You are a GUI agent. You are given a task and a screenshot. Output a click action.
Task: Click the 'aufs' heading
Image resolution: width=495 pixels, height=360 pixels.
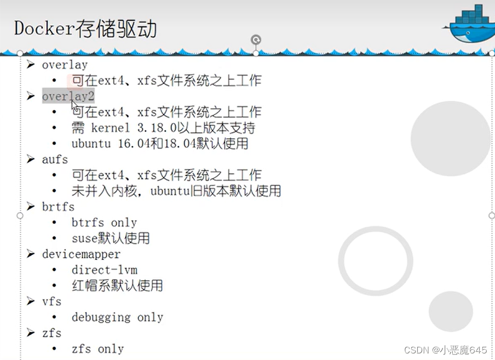pos(55,159)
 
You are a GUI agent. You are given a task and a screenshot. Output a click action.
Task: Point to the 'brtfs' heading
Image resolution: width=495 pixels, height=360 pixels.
pos(58,207)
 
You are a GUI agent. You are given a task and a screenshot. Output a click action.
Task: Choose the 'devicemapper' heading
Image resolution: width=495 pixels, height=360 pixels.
pos(81,254)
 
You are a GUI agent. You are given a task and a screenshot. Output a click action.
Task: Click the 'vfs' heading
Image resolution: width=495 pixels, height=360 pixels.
pos(51,302)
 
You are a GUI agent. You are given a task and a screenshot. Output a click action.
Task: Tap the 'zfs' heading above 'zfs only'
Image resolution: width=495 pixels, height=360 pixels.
pos(51,333)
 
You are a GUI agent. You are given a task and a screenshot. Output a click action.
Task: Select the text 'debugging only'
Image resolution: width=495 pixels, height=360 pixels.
pos(117,317)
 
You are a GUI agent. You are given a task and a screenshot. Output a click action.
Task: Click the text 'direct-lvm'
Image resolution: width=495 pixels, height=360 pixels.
pos(104,270)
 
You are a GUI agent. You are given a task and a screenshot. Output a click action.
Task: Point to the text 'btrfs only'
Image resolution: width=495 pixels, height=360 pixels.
pos(104,223)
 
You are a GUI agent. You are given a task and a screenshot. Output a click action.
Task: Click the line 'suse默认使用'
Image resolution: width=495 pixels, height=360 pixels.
pos(111,238)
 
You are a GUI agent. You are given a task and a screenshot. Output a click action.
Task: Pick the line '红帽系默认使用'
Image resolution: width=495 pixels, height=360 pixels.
pos(117,285)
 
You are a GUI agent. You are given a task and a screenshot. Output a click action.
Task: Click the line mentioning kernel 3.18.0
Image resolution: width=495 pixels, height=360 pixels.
pos(163,128)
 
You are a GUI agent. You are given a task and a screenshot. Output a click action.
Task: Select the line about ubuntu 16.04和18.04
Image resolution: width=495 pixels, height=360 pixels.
pos(160,144)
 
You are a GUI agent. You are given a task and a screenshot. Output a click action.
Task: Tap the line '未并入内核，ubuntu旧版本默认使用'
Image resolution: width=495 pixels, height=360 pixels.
pos(176,191)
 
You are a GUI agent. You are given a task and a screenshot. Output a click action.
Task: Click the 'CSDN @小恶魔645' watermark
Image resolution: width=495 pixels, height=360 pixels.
pos(446,350)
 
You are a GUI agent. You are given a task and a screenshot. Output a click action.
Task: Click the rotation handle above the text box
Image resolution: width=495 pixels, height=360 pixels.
pos(256,39)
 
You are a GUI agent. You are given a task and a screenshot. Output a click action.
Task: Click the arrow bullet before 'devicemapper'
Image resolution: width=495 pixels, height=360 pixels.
pos(31,254)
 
